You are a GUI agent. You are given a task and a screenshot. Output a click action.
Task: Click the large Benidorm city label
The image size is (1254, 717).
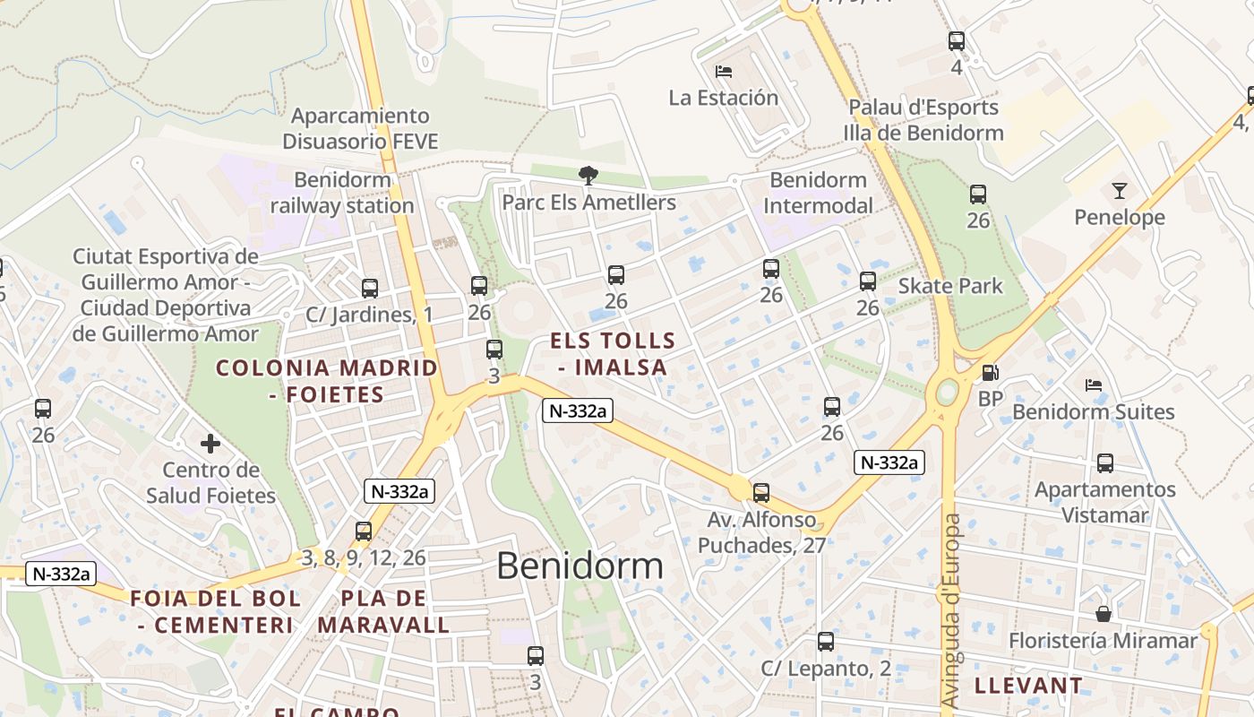point(580,566)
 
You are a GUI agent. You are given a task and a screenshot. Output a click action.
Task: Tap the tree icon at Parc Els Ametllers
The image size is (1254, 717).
point(588,176)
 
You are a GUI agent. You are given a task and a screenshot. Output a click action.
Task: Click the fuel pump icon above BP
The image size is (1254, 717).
point(990,373)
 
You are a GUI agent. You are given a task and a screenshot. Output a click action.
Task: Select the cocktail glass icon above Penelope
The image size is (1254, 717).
point(1119,190)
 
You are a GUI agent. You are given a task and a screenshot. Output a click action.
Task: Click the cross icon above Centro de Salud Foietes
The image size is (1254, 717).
point(210,444)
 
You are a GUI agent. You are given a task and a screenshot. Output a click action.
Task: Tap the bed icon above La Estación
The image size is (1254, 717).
point(723,72)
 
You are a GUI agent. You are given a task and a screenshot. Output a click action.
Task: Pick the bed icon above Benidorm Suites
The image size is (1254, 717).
point(1093,385)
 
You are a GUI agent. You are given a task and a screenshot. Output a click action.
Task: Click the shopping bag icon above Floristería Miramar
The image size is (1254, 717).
point(1104,614)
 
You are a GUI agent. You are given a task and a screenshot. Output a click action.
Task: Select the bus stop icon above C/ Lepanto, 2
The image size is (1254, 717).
point(826,642)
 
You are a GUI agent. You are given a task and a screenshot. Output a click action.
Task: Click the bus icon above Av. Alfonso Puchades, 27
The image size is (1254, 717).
point(760,492)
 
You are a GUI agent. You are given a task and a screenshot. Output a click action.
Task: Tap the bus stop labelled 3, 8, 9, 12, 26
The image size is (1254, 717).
point(363,531)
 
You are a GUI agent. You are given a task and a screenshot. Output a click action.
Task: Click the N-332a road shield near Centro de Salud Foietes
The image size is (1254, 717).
point(399,491)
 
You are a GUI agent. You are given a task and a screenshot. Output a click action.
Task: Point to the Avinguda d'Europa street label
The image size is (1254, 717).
point(951,609)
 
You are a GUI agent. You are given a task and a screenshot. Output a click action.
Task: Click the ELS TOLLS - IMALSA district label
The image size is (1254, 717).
point(613,354)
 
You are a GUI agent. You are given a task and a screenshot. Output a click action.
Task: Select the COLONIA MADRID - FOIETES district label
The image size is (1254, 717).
point(327,381)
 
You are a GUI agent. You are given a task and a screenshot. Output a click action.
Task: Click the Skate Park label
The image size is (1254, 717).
point(950,286)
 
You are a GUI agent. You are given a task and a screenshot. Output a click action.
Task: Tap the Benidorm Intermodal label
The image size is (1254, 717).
point(817,193)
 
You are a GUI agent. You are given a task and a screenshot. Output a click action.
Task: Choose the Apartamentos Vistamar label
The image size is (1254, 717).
point(1104,502)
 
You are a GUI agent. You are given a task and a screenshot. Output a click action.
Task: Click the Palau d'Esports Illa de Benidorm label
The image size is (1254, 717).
point(923,120)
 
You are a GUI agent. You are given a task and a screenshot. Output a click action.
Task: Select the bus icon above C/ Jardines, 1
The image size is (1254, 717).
point(370,289)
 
